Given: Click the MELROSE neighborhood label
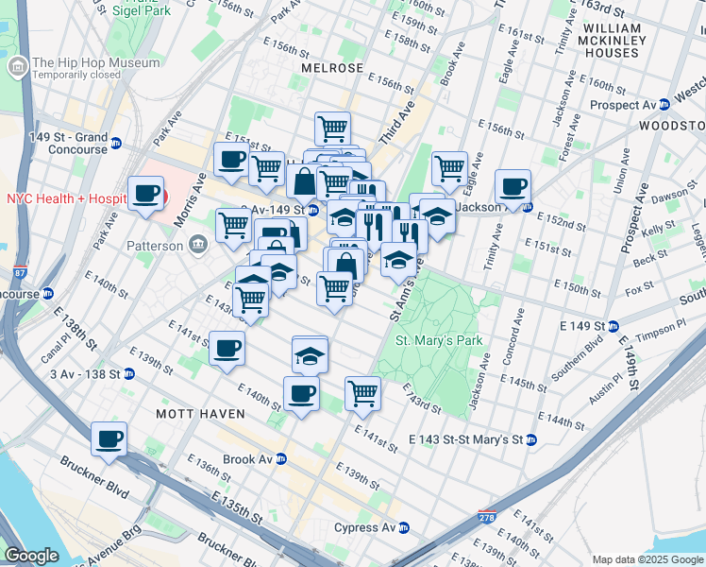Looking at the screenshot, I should pos(332,69).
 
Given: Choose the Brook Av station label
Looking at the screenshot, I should pos(247,459).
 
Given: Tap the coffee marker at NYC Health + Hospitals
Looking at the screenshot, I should pos(146,195).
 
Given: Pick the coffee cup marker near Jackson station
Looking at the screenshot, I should pos(513,186).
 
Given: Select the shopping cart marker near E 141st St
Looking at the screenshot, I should pos(362,392).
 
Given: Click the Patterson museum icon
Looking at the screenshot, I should pos(198,246).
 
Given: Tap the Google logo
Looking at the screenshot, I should pos(31,555).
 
